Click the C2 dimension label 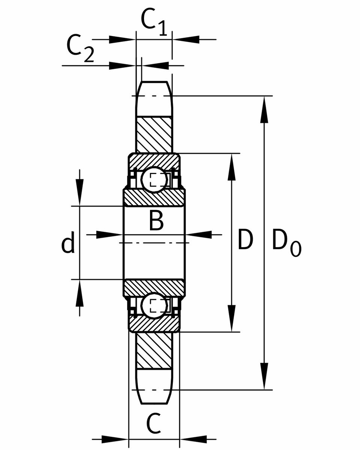click(80, 48)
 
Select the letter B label click(156, 220)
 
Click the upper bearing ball click(154, 180)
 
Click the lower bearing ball click(154, 305)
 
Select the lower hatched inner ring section click(154, 287)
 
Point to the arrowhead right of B click(199, 234)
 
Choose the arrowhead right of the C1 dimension click(185, 39)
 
